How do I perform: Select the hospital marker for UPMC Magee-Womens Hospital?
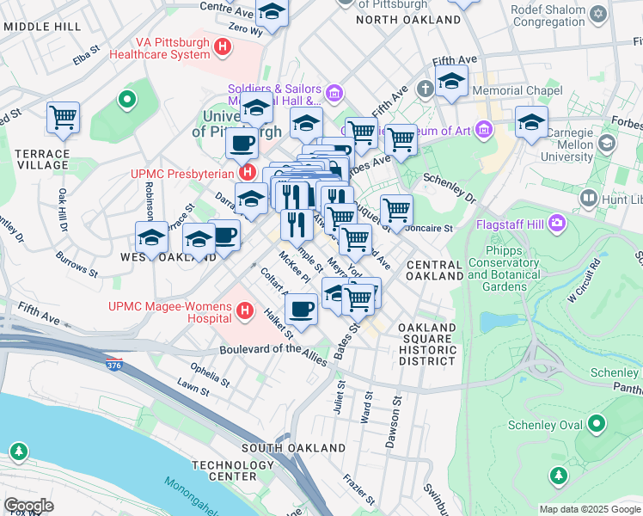click(245, 310)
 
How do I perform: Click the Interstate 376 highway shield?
click(113, 365)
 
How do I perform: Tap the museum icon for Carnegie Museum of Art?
click(484, 131)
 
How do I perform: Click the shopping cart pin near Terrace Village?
click(63, 118)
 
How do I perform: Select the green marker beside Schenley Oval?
click(597, 425)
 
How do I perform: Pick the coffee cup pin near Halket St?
click(301, 308)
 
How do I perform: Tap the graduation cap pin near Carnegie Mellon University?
click(532, 121)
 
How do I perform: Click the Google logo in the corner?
click(28, 506)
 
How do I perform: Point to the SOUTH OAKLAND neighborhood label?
click(282, 448)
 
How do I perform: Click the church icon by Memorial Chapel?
click(425, 89)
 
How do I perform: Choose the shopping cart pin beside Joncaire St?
click(396, 209)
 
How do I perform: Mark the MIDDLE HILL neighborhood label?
click(42, 27)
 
